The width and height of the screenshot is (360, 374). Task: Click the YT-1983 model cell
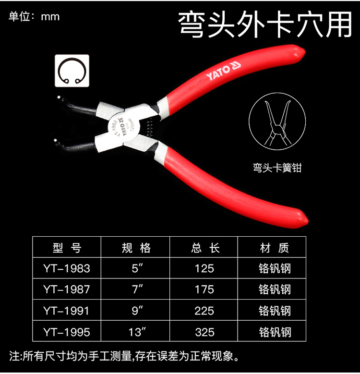point(67,268)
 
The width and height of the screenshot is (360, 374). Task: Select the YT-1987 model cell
point(67,290)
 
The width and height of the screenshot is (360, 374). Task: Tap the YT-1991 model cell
point(67,311)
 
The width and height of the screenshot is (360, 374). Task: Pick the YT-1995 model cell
point(67,332)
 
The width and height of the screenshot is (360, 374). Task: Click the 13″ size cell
point(137,332)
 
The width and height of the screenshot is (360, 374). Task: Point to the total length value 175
point(204,290)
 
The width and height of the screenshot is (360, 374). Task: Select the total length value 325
point(204,332)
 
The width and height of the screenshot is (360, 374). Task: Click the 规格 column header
point(136,248)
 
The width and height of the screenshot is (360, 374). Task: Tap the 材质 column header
point(274,248)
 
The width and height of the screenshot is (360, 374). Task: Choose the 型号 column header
point(67,248)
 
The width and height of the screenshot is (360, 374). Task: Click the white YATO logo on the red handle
point(223,71)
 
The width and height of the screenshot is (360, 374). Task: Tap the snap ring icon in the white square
point(72,71)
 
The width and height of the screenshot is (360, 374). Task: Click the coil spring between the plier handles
point(149,128)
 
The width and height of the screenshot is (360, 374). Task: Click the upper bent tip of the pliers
point(60,97)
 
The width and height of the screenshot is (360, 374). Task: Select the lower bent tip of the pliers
point(56,141)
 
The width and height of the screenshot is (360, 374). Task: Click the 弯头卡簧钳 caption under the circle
point(277,168)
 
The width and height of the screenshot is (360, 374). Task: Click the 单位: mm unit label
point(34,17)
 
